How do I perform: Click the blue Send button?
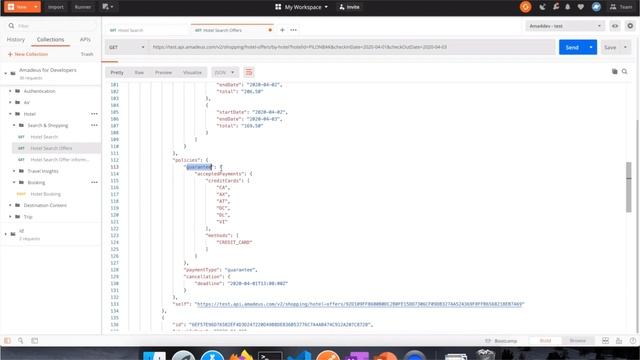tap(572, 47)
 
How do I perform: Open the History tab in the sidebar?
tap(16, 39)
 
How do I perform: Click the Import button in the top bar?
tap(56, 6)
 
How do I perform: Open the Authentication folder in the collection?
tap(40, 91)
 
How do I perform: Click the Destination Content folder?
tap(45, 205)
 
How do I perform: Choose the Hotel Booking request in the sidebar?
tap(45, 194)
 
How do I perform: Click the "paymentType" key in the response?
tap(203, 269)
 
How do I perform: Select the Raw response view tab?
tap(139, 72)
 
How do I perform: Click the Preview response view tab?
tap(163, 72)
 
